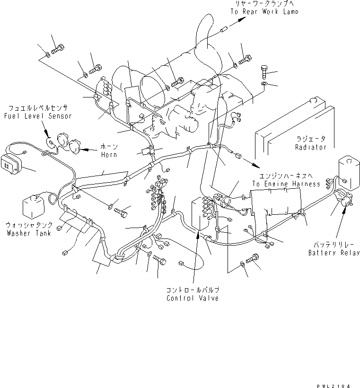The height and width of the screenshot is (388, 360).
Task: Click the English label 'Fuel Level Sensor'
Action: pyautogui.click(x=37, y=116)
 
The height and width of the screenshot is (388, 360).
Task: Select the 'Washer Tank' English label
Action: pyautogui.click(x=28, y=233)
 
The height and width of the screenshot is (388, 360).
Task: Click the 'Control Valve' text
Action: pyautogui.click(x=193, y=298)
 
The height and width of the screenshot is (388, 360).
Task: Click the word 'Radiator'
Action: pyautogui.click(x=310, y=147)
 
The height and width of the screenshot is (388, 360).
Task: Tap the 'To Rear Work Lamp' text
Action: pyautogui.click(x=264, y=11)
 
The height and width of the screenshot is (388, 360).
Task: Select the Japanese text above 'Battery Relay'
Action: pyautogui.click(x=334, y=245)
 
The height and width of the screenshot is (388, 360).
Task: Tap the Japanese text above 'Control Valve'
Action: pyautogui.click(x=193, y=290)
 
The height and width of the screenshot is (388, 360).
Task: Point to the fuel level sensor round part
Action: pyautogui.click(x=51, y=141)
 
